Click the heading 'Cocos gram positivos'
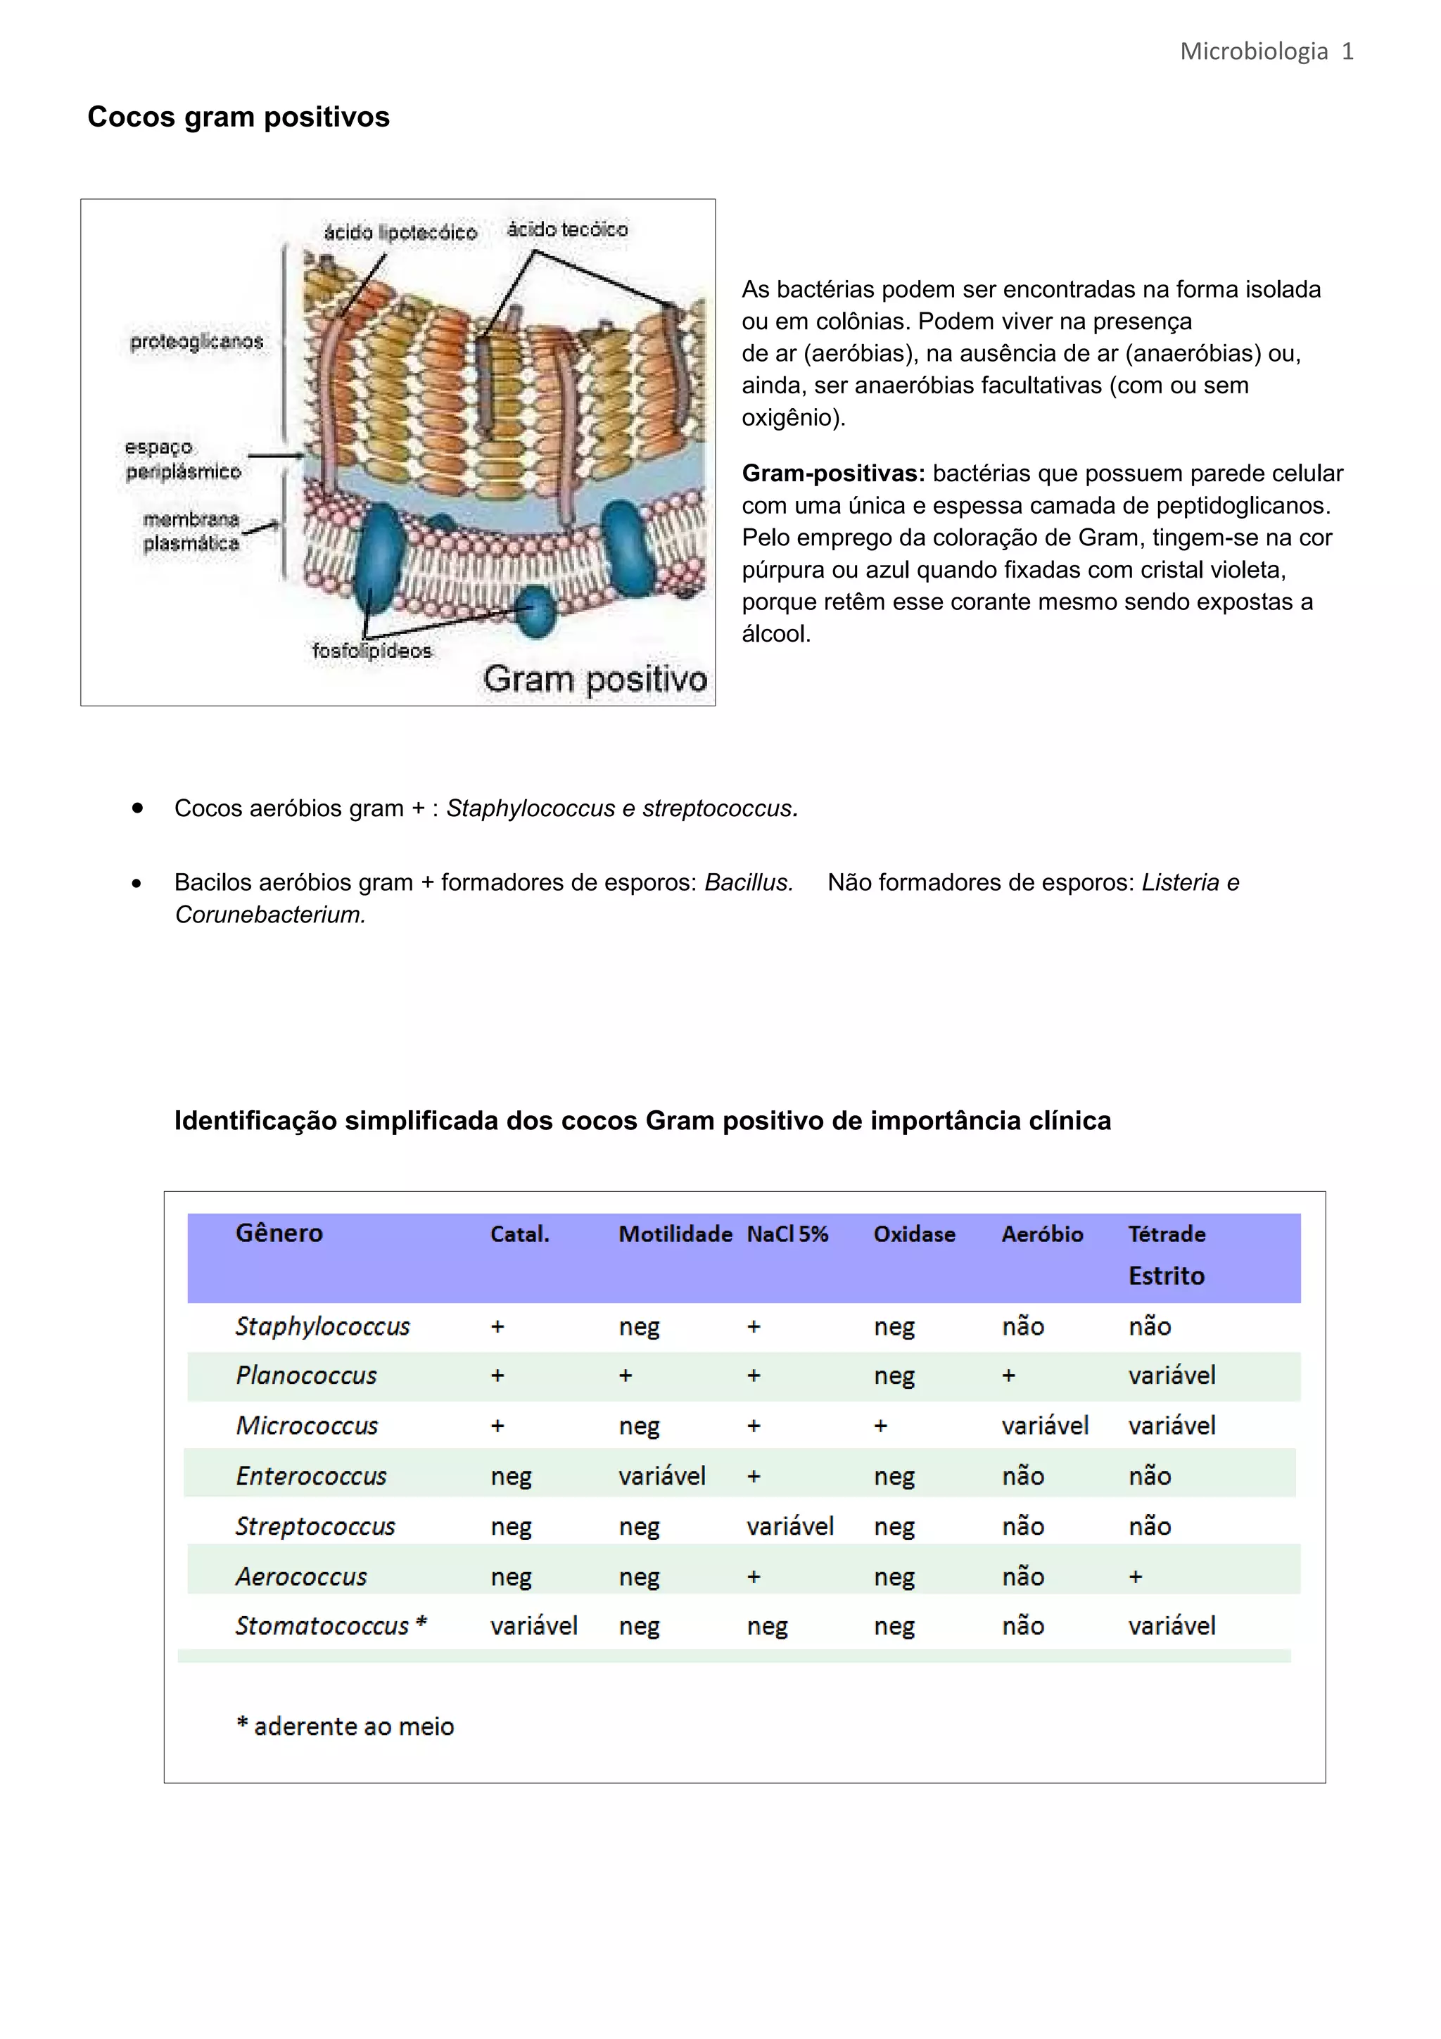(238, 117)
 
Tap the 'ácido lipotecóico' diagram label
(400, 233)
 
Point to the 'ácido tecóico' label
(567, 229)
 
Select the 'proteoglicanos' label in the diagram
(197, 342)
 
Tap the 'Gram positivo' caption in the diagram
(595, 680)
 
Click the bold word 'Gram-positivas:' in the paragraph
(834, 474)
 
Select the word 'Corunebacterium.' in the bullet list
(270, 915)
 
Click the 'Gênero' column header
(279, 1233)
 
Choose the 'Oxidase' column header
(913, 1234)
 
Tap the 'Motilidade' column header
(675, 1234)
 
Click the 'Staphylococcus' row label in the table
(322, 1327)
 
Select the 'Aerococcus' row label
(301, 1577)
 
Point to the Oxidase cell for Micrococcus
(881, 1426)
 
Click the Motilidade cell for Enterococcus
(661, 1477)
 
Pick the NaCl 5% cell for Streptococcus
(789, 1527)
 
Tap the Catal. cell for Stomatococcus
(533, 1626)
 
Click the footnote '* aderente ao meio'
(345, 1727)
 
